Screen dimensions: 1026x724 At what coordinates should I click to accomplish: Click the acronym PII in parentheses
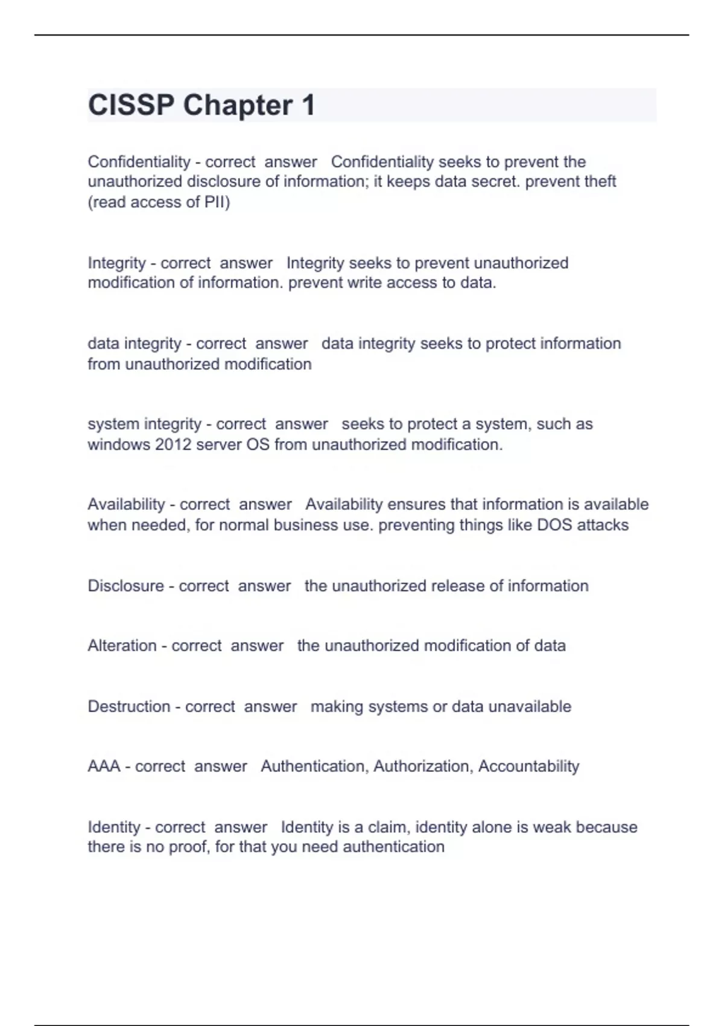216,202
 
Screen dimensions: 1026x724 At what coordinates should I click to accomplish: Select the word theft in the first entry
597,182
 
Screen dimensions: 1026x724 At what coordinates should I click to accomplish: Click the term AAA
104,766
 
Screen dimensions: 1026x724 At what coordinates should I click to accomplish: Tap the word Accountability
529,766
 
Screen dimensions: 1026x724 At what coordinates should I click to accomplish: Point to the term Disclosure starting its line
125,586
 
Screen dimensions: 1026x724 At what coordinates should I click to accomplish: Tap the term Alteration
122,646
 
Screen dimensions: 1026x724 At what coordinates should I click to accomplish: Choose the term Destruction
129,707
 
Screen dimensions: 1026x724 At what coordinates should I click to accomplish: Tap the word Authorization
423,766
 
